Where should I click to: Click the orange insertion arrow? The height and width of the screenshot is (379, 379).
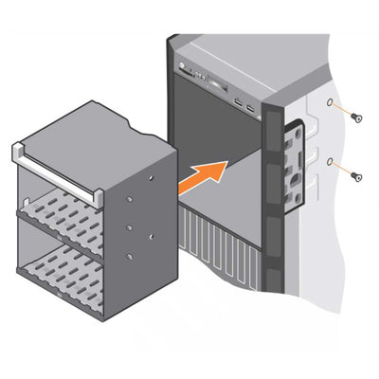click(x=202, y=177)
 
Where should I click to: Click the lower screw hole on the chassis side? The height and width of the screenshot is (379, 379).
click(x=329, y=162)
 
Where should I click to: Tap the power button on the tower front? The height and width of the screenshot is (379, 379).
click(x=179, y=65)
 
